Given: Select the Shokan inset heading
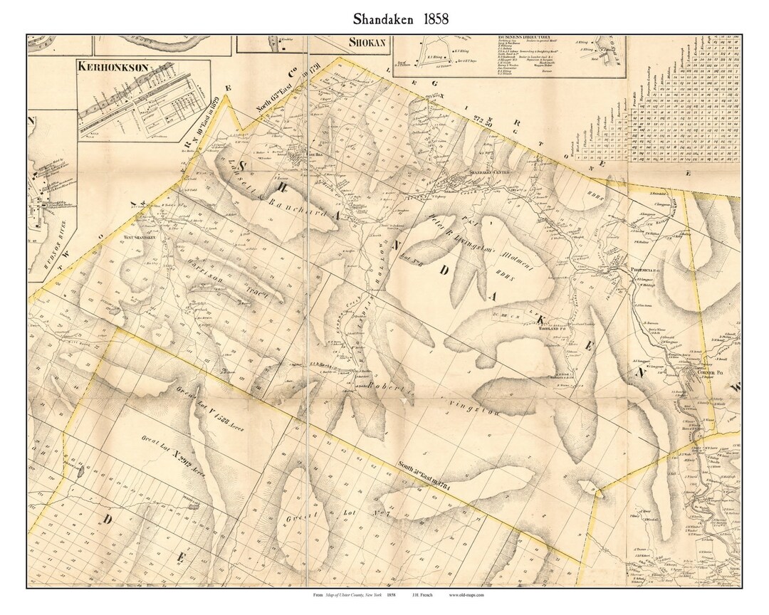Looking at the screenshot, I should [x=367, y=42].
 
